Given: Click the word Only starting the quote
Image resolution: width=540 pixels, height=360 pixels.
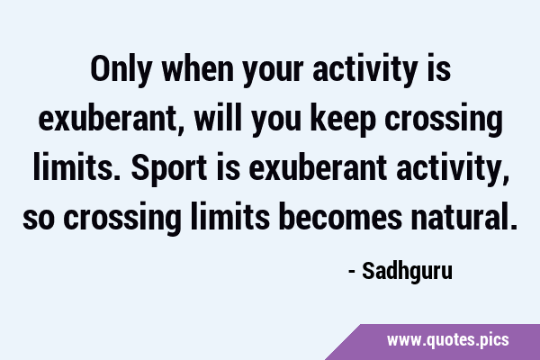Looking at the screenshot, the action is [121, 69].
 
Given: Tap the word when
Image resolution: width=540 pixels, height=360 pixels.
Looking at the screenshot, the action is [198, 69].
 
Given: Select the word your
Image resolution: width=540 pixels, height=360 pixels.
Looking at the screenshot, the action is [274, 72].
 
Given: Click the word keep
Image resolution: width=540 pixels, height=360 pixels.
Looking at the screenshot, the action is [343, 121].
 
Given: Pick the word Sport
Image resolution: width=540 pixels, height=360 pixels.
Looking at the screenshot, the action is [169, 169].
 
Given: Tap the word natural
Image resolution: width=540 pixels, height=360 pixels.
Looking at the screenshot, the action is [459, 217].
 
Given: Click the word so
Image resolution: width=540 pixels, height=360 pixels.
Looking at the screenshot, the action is [39, 220].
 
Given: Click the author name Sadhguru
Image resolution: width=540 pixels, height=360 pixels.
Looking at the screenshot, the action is [407, 272].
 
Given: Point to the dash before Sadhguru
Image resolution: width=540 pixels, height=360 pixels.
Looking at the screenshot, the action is [352, 272].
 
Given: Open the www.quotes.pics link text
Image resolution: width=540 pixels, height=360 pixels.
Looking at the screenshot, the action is [447, 340].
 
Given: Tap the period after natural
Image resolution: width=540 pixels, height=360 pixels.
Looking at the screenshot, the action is [513, 226].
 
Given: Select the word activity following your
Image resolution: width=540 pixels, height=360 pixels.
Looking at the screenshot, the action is [365, 71].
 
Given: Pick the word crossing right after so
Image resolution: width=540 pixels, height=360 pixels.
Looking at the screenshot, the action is [122, 219].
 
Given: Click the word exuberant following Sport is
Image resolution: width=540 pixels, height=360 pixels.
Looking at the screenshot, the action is [318, 168].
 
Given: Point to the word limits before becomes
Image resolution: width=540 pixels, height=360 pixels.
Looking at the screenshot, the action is [230, 217].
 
